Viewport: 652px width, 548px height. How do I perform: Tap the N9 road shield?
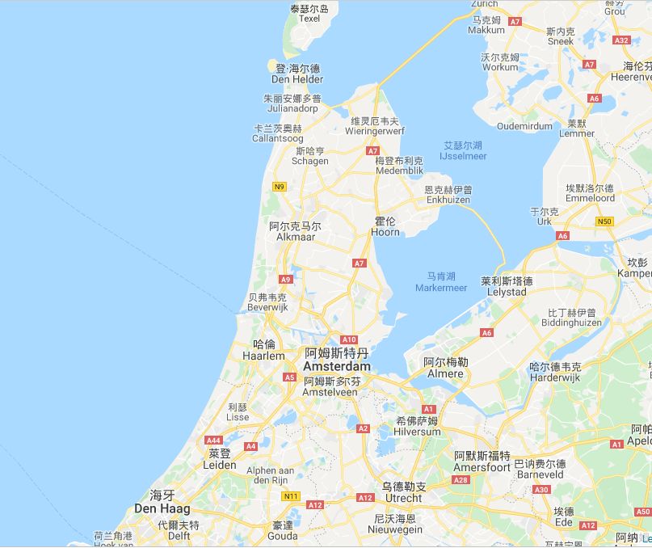pyautogui.click(x=280, y=187)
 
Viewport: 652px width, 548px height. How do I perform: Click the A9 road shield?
pyautogui.click(x=285, y=279)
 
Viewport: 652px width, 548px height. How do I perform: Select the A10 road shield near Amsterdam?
pyautogui.click(x=349, y=339)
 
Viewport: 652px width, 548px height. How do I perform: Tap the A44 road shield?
pyautogui.click(x=213, y=440)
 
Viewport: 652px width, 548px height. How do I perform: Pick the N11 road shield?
pyautogui.click(x=289, y=495)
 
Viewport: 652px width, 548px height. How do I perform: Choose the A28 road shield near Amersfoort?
pyautogui.click(x=461, y=479)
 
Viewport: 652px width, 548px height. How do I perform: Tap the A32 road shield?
pyautogui.click(x=621, y=40)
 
